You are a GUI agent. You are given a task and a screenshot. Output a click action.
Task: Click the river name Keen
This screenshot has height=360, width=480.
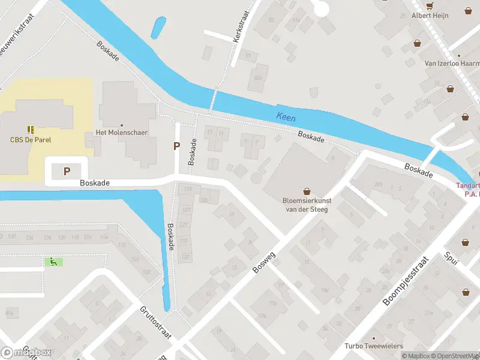point(286,117)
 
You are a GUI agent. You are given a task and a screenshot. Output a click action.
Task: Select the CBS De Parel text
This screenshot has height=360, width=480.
point(31,140)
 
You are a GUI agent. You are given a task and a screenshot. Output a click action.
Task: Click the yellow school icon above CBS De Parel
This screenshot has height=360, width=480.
point(31,129)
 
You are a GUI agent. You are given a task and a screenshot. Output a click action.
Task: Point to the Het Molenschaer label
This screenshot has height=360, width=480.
point(122,133)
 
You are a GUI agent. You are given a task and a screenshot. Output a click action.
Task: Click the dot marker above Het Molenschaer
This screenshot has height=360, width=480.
point(122,125)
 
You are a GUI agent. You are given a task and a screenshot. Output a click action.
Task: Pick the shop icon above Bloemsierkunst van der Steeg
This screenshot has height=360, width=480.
point(307,191)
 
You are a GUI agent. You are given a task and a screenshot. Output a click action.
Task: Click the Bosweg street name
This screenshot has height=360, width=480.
point(264,263)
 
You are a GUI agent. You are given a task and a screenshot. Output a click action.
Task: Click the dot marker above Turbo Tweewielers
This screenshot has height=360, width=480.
point(373,338)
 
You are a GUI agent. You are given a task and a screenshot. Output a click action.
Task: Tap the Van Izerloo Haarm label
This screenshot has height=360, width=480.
point(452,63)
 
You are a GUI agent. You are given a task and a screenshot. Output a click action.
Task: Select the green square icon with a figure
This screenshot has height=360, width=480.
point(53,262)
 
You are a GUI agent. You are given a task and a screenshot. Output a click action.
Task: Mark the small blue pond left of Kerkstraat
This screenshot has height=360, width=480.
point(159,27)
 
